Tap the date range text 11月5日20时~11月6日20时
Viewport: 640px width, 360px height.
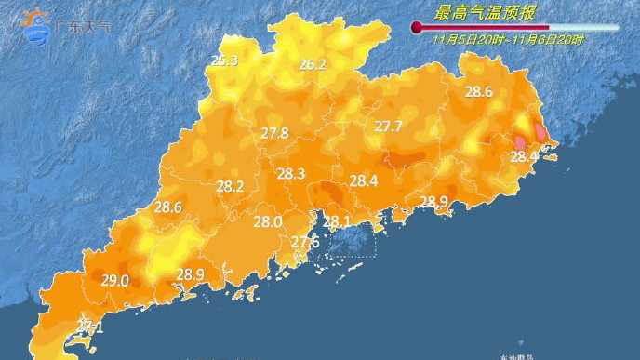coord(508,40)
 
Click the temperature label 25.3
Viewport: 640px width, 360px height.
coord(224,60)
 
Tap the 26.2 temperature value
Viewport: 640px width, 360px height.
coord(313,64)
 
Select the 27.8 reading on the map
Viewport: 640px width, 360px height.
coord(274,133)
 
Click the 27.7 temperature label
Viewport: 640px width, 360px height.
coord(388,126)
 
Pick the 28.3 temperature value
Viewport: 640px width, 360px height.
coord(291,173)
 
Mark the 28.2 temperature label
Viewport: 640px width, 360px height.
coord(230,186)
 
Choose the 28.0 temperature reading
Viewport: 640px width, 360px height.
coord(268,221)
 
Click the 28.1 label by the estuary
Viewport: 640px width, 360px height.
coord(336,221)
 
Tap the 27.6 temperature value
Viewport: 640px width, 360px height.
coord(305,242)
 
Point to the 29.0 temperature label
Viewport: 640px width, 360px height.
coord(115,280)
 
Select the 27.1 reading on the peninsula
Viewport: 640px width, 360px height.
coord(90,327)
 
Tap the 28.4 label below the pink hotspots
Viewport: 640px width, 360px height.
coord(524,156)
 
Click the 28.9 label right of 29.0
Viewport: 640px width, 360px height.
coord(190,273)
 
